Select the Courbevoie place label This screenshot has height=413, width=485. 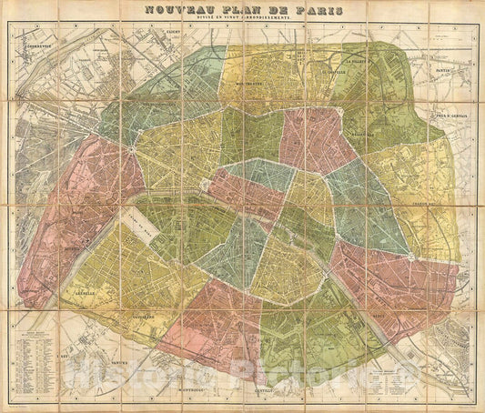click(x=37, y=44)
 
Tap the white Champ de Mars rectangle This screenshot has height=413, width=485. click(x=138, y=225)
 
